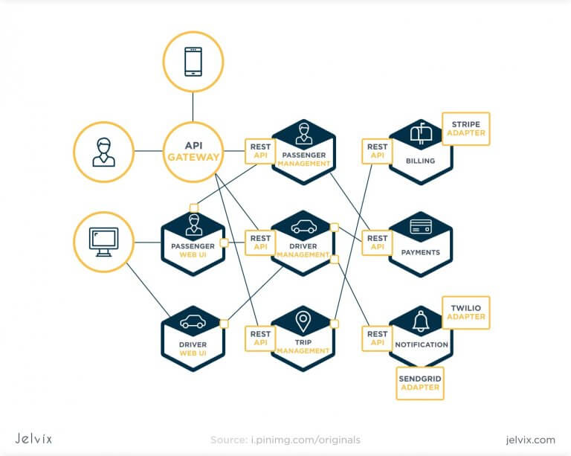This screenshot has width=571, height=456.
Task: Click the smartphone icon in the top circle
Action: tap(193, 62)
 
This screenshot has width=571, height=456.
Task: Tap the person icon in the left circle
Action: tap(103, 151)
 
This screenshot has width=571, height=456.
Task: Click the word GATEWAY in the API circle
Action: tap(193, 157)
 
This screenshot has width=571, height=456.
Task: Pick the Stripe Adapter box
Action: tap(465, 129)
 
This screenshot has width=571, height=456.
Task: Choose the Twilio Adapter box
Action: tap(466, 312)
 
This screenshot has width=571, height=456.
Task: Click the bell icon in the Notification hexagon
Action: tap(420, 321)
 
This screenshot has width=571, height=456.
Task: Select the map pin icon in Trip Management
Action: tap(303, 321)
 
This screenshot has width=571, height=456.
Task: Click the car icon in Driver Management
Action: tap(303, 227)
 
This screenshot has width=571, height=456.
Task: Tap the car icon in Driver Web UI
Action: tap(193, 322)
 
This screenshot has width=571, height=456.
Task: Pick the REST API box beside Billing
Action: tap(377, 151)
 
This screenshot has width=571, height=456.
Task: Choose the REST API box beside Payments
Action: tap(377, 243)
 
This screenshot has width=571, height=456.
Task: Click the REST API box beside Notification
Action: tap(377, 338)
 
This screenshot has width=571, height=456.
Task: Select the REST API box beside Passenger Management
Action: tap(260, 151)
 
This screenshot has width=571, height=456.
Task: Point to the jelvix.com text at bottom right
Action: tap(530, 440)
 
